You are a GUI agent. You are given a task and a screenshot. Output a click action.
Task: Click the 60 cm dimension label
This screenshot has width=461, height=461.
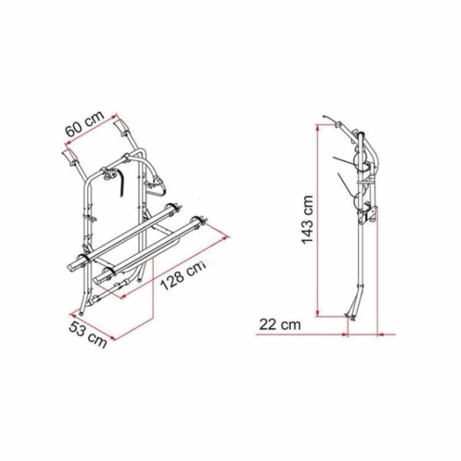click(x=85, y=124)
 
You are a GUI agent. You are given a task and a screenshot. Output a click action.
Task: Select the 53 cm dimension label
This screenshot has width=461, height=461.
click(x=88, y=334)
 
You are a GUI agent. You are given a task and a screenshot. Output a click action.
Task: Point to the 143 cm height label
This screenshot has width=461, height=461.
click(x=307, y=219)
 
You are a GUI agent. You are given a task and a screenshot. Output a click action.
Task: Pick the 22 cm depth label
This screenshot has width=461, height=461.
click(x=280, y=325)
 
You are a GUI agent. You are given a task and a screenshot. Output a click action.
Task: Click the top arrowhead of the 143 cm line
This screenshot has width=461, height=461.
click(x=317, y=128)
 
